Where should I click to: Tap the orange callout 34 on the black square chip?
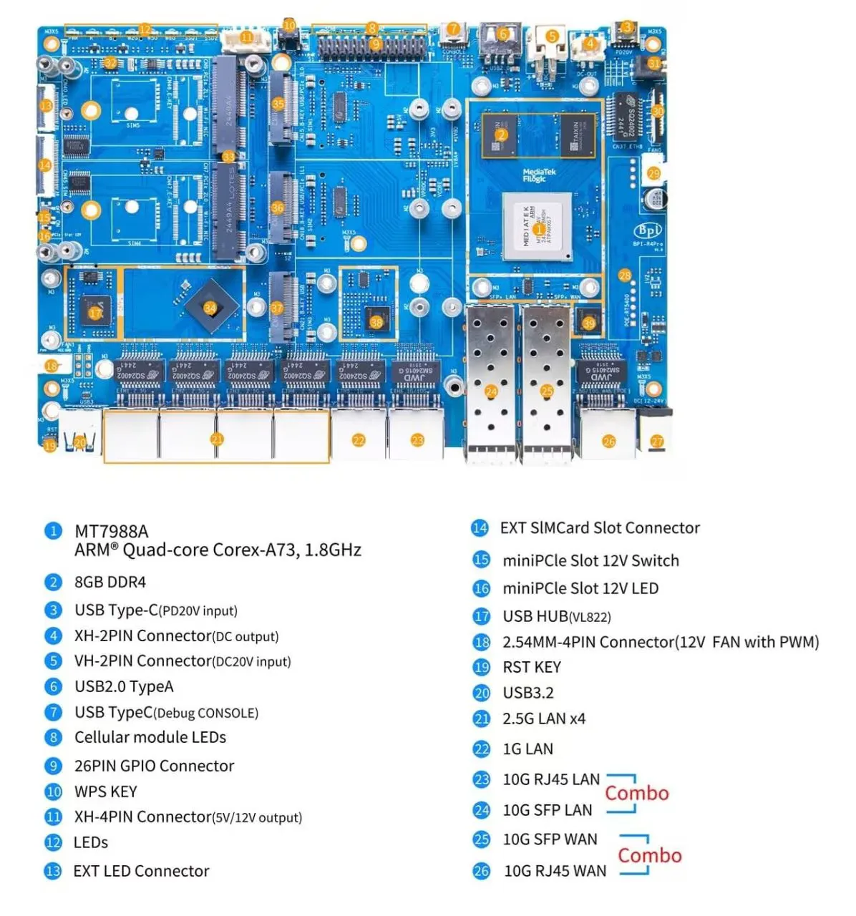pyautogui.click(x=210, y=308)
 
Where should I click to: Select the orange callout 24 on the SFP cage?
pyautogui.click(x=491, y=391)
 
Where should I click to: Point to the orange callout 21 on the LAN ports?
pyautogui.click(x=217, y=439)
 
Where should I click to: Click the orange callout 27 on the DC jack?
pyautogui.click(x=657, y=442)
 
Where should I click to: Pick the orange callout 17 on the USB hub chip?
pyautogui.click(x=95, y=313)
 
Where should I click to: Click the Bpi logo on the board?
pyautogui.click(x=648, y=231)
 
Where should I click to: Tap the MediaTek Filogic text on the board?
pyautogui.click(x=538, y=175)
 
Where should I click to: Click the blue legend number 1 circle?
pyautogui.click(x=53, y=531)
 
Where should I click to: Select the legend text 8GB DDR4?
pyautogui.click(x=110, y=582)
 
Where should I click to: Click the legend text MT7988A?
pyautogui.click(x=111, y=531)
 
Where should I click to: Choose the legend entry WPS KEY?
pyautogui.click(x=105, y=791)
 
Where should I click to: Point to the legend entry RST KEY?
pyautogui.click(x=531, y=667)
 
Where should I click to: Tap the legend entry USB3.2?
pyautogui.click(x=527, y=693)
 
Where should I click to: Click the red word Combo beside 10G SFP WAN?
pyautogui.click(x=649, y=855)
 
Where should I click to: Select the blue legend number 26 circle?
pyautogui.click(x=481, y=871)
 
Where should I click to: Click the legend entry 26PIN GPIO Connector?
pyautogui.click(x=154, y=766)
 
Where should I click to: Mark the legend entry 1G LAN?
pyautogui.click(x=527, y=749)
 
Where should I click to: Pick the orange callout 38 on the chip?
pyautogui.click(x=376, y=322)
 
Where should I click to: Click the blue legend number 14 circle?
pyautogui.click(x=479, y=528)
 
